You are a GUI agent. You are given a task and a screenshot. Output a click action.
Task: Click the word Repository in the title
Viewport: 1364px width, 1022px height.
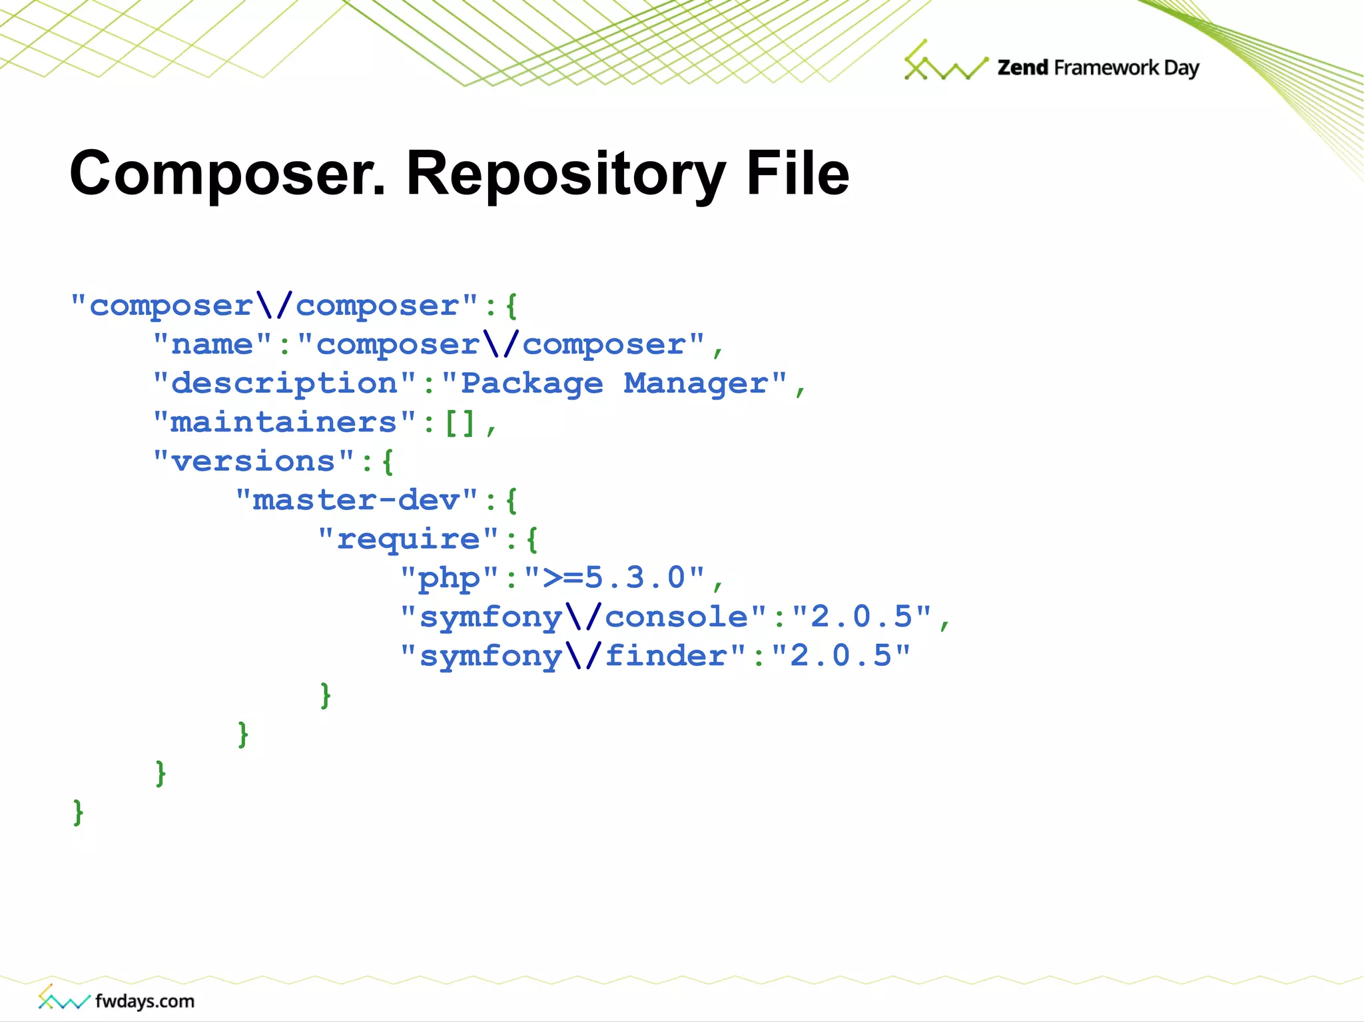pyautogui.click(x=565, y=174)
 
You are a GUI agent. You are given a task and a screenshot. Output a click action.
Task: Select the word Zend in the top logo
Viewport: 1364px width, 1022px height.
pyautogui.click(x=1022, y=67)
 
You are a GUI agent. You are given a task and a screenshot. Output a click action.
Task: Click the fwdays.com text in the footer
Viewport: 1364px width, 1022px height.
pyautogui.click(x=145, y=1001)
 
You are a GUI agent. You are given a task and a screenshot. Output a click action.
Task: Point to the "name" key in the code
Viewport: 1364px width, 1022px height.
pyautogui.click(x=212, y=345)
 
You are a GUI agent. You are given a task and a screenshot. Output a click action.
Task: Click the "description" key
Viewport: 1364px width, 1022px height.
pyautogui.click(x=284, y=383)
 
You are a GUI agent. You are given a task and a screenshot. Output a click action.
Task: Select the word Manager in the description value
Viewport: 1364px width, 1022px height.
pyautogui.click(x=695, y=383)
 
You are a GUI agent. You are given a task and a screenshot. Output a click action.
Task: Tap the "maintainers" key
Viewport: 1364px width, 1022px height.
pyautogui.click(x=284, y=422)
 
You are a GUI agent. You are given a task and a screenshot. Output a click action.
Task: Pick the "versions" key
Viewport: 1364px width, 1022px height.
pyautogui.click(x=253, y=461)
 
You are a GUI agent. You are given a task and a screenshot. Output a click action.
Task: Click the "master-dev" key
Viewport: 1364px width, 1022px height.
pyautogui.click(x=356, y=500)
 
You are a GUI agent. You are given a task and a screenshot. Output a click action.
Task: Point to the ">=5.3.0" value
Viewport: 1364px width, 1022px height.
pyautogui.click(x=614, y=578)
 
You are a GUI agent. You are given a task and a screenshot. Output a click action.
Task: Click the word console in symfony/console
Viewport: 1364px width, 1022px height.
pyautogui.click(x=676, y=617)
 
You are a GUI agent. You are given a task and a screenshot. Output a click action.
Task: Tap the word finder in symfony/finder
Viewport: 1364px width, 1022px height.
pyautogui.click(x=666, y=656)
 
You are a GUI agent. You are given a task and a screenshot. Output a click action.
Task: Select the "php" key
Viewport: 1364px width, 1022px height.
pyautogui.click(x=449, y=578)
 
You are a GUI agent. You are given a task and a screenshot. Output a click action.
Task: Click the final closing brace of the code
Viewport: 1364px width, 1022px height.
pyautogui.click(x=79, y=812)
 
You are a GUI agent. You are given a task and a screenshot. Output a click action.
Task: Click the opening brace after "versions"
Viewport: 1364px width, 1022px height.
pyautogui.click(x=388, y=461)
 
